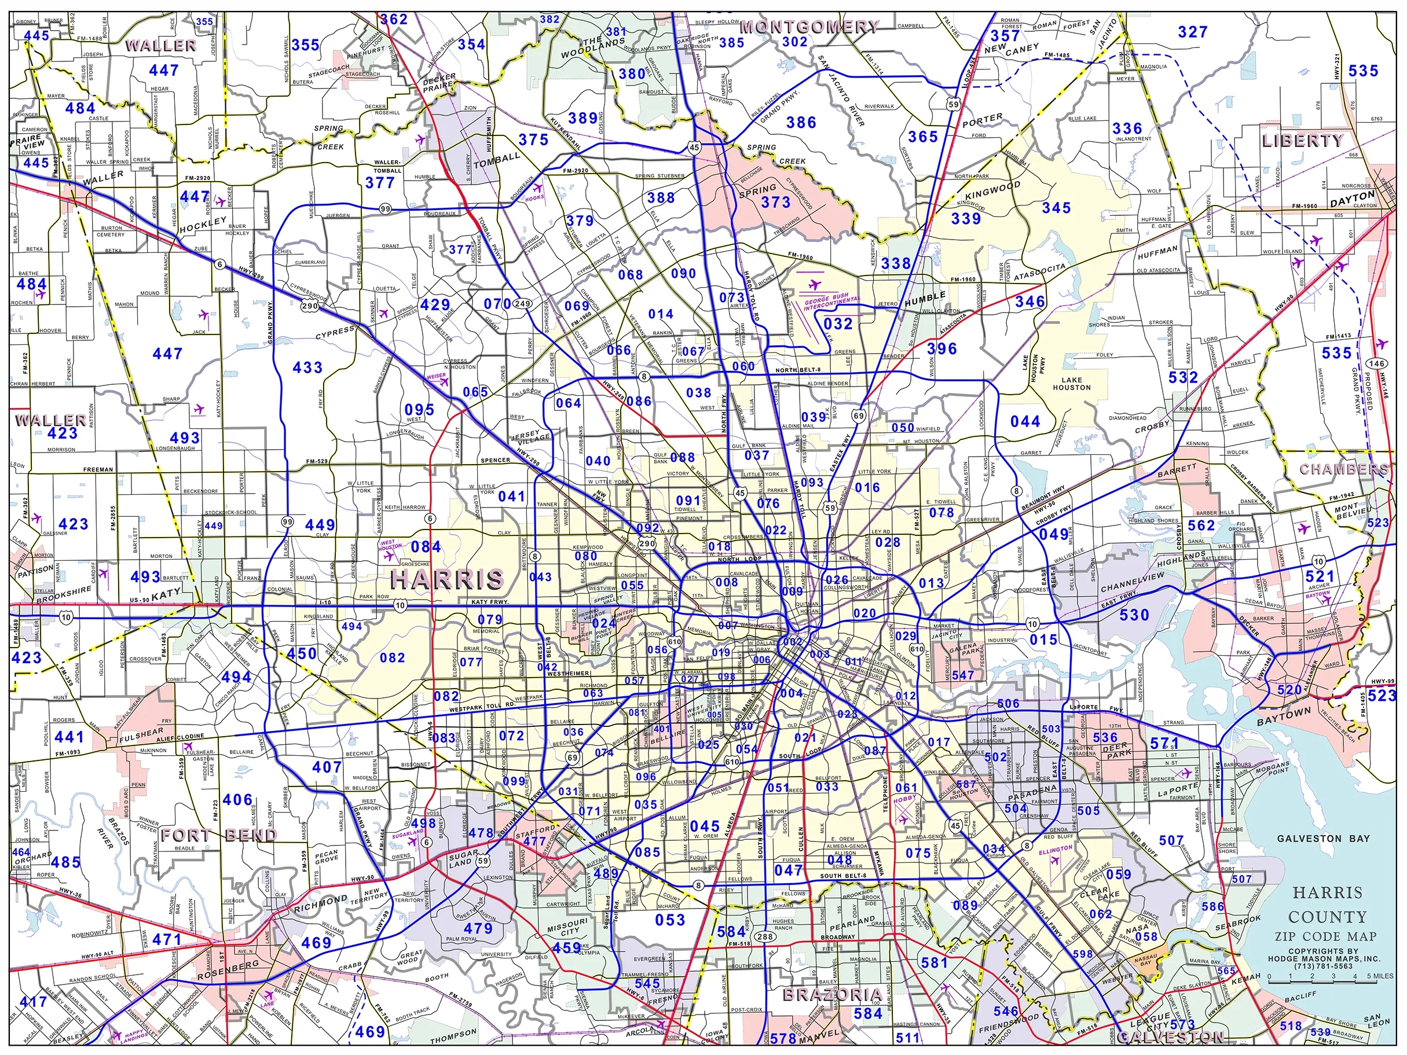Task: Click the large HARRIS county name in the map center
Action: click(x=446, y=579)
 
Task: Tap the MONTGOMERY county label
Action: click(x=809, y=27)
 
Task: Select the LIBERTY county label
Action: click(x=1302, y=141)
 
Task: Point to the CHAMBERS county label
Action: click(x=1343, y=469)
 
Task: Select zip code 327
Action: click(x=1192, y=32)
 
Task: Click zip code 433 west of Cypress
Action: click(x=307, y=367)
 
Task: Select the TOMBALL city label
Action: click(x=497, y=160)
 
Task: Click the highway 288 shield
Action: click(x=766, y=937)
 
